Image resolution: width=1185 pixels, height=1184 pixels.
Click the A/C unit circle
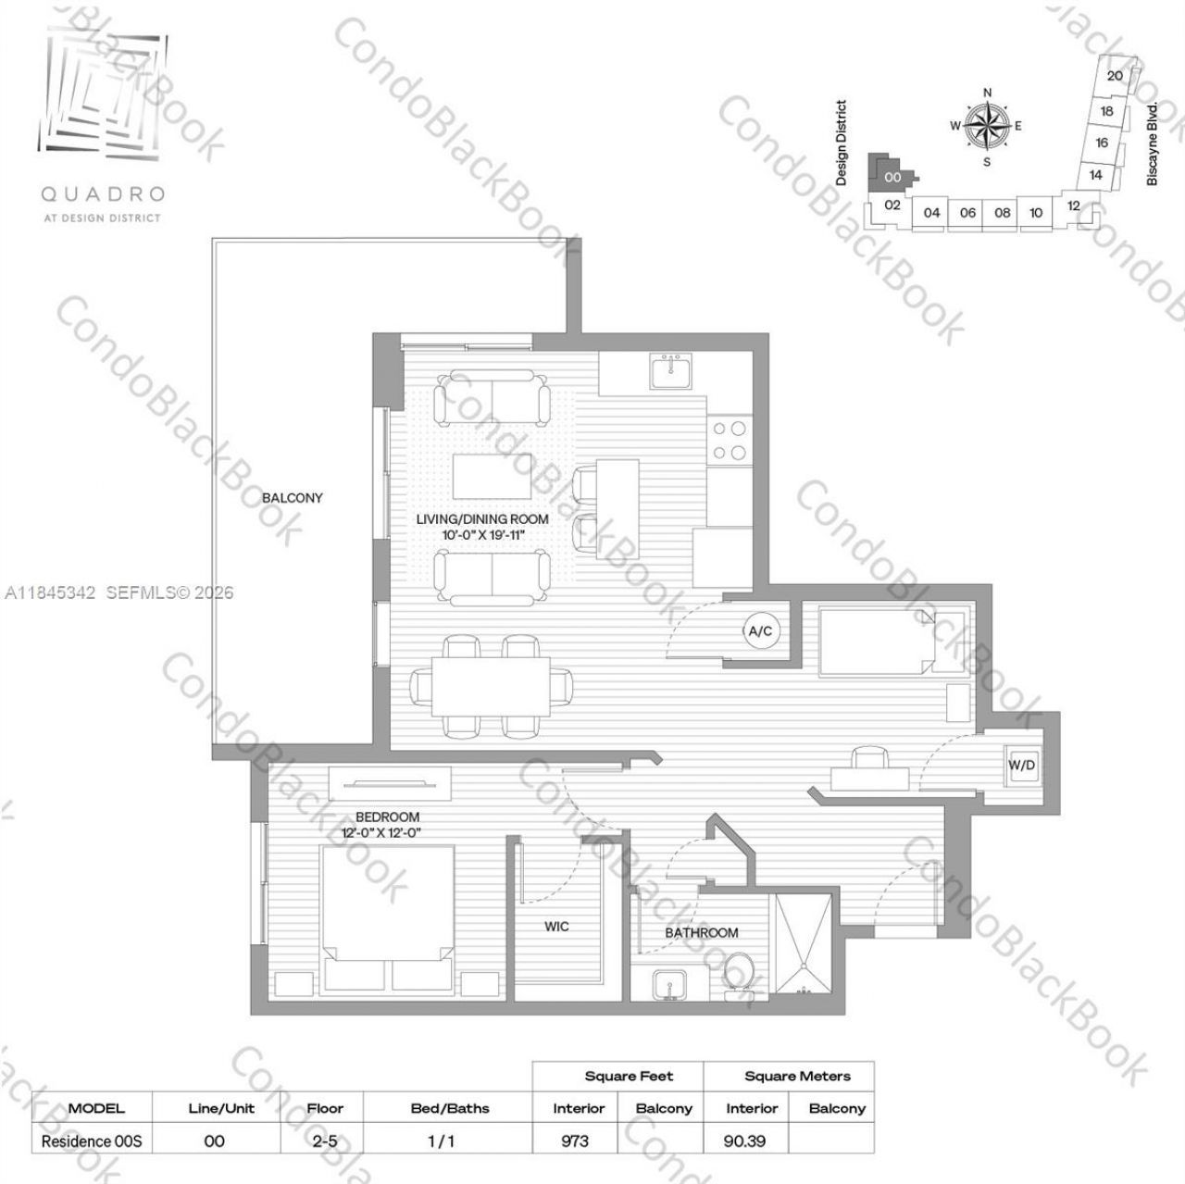760,631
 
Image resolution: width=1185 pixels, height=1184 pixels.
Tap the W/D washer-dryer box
1022,766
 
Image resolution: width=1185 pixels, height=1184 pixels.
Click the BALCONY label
293,498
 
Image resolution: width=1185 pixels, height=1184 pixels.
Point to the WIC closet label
556,927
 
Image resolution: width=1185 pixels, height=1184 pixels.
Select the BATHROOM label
702,932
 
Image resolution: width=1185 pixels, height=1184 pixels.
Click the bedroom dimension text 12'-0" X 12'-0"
387,832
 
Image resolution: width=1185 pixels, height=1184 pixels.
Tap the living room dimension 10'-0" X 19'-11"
482,534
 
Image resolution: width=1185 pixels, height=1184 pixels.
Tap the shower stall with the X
805,943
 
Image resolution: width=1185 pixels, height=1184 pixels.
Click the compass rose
987,125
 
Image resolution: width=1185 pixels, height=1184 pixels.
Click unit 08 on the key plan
1003,212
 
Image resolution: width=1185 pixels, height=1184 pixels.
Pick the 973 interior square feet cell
575,1140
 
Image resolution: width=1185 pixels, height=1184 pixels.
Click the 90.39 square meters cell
744,1140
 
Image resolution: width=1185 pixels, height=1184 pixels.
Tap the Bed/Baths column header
450,1107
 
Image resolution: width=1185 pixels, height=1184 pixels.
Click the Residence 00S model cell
92,1140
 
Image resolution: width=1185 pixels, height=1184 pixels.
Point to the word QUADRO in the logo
102,194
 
